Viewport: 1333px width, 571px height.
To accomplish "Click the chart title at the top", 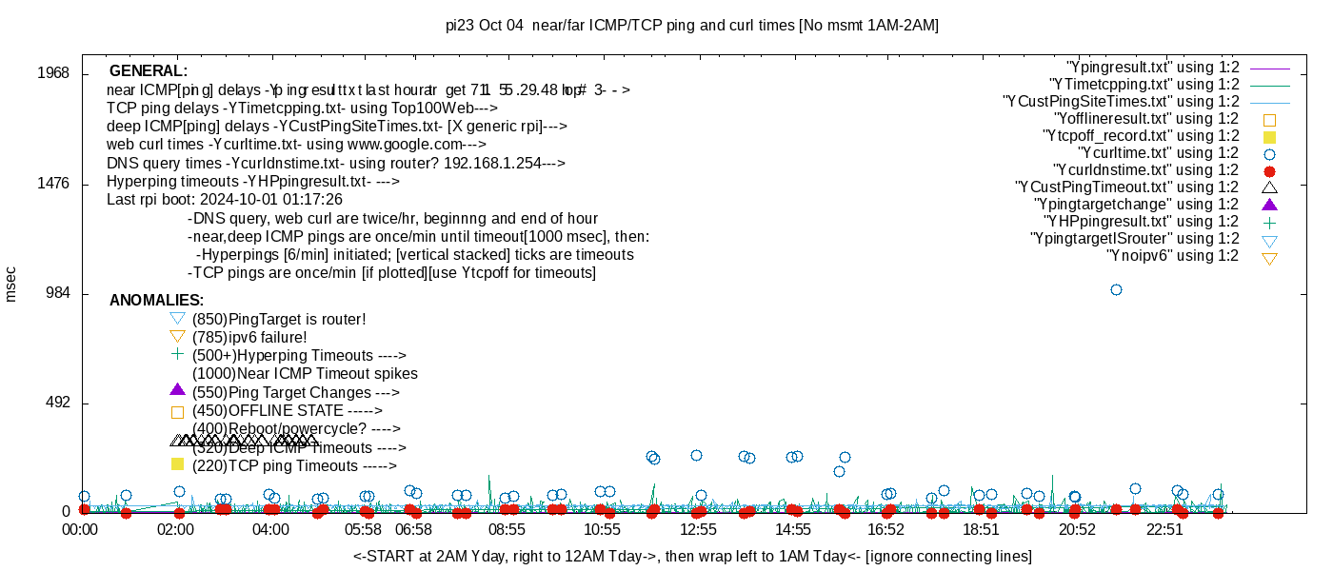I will pyautogui.click(x=692, y=26).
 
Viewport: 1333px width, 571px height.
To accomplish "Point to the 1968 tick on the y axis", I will pyautogui.click(x=52, y=74).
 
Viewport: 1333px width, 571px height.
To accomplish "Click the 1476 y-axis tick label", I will pyautogui.click(x=52, y=184).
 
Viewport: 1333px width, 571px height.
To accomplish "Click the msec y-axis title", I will pyautogui.click(x=11, y=285).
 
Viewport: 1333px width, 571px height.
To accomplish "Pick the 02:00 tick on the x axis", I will pyautogui.click(x=176, y=529).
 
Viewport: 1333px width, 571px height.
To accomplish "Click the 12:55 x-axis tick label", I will pyautogui.click(x=698, y=529).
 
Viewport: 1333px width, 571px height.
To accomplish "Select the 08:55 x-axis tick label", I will pyautogui.click(x=507, y=529).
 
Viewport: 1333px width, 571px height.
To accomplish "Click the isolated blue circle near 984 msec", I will pyautogui.click(x=1116, y=289).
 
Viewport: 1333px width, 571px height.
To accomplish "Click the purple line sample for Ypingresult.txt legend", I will pyautogui.click(x=1269, y=69).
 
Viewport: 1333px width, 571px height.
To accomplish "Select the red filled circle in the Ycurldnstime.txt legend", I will pyautogui.click(x=1269, y=171).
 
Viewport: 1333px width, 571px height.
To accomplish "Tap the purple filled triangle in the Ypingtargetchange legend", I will pyautogui.click(x=1269, y=205).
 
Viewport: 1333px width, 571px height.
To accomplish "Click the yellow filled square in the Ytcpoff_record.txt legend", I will pyautogui.click(x=1269, y=137).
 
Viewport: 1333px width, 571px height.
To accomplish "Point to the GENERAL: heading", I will pyautogui.click(x=149, y=71).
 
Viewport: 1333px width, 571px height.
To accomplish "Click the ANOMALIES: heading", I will pyautogui.click(x=156, y=301).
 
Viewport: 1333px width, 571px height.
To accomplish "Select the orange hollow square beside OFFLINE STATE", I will pyautogui.click(x=176, y=412).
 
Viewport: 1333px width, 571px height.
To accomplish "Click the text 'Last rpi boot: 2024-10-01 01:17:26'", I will pyautogui.click(x=225, y=200).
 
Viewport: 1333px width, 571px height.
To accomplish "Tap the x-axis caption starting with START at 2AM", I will pyautogui.click(x=692, y=556).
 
